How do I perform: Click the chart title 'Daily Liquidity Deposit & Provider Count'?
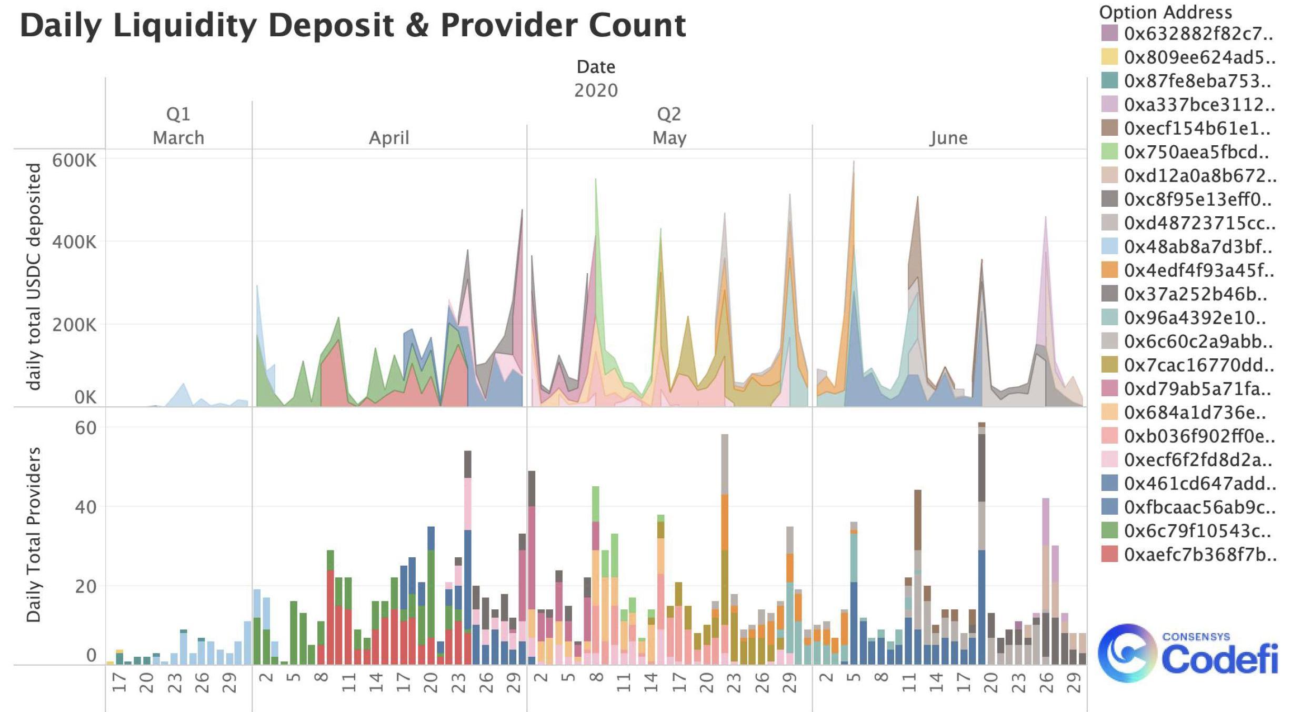(353, 25)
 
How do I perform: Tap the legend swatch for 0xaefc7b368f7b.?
(1109, 554)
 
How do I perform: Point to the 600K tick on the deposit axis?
(74, 160)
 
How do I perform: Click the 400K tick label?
(74, 242)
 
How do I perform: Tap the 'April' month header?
(389, 138)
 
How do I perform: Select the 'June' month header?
(948, 138)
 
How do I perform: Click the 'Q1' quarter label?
(178, 114)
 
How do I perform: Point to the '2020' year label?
(596, 91)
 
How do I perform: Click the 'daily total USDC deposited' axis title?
(34, 276)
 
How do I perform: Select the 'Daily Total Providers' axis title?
(34, 534)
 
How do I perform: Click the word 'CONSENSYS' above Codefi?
(1196, 637)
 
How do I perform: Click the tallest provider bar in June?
(981, 542)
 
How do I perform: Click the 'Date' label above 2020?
(596, 67)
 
